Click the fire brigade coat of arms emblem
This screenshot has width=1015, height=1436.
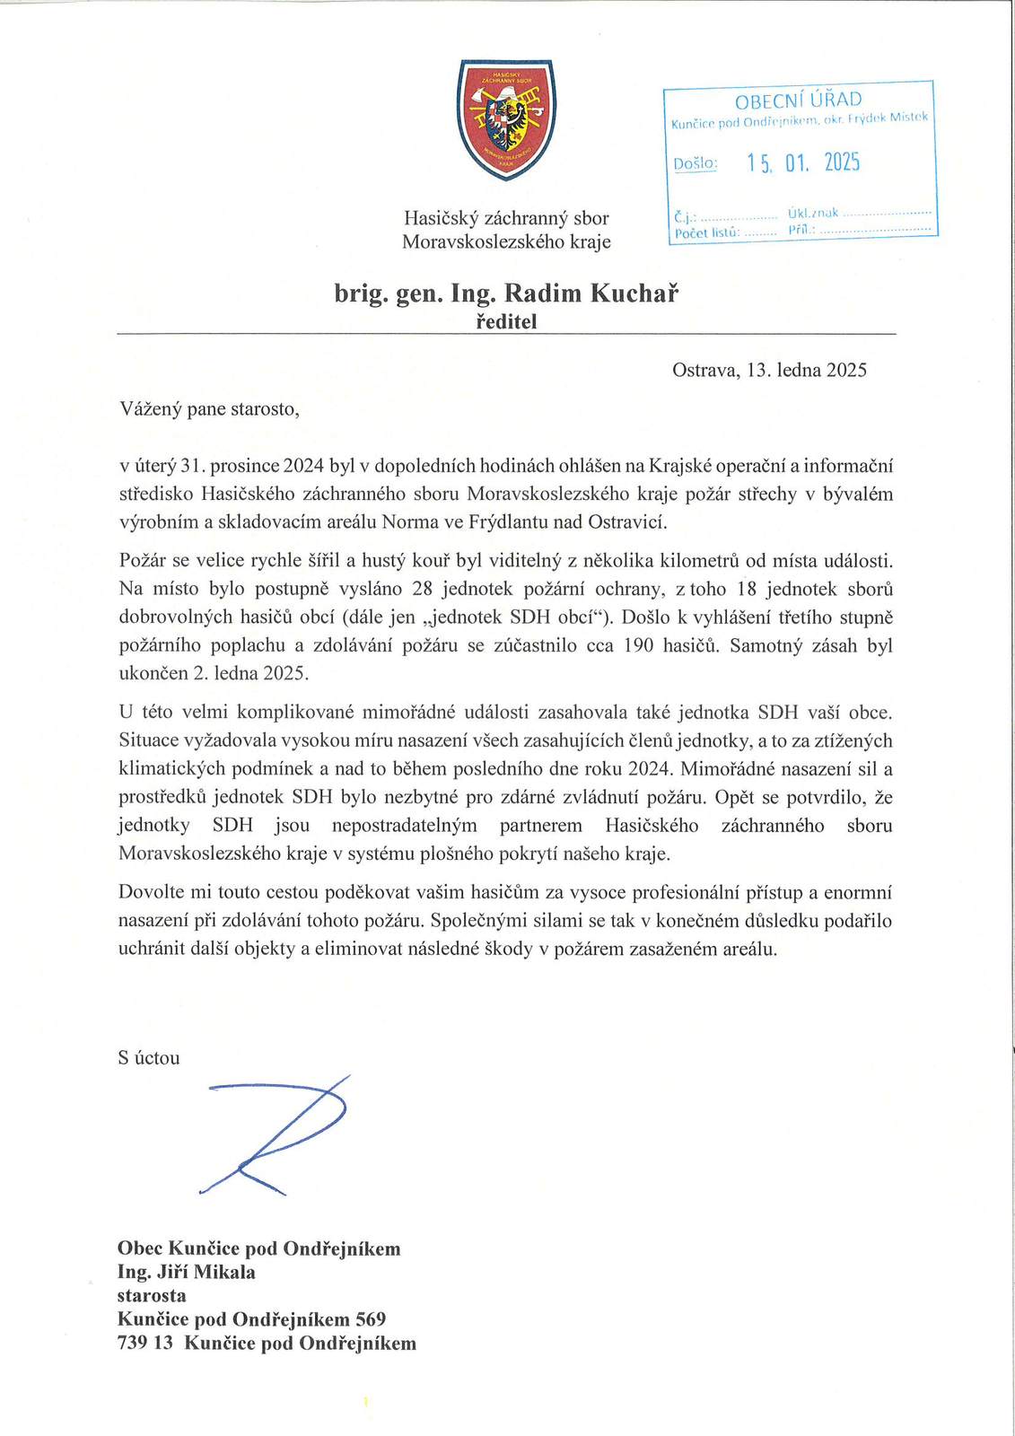pyautogui.click(x=506, y=119)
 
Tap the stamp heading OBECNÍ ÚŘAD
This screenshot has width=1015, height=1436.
pyautogui.click(x=798, y=100)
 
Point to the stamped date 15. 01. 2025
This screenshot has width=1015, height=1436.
pyautogui.click(x=803, y=162)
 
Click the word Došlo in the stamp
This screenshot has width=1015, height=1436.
pyautogui.click(x=695, y=163)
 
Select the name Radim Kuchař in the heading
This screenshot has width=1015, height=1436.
pyautogui.click(x=591, y=293)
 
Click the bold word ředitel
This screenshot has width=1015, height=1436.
pyautogui.click(x=506, y=321)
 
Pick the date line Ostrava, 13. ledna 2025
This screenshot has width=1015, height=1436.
pyautogui.click(x=769, y=370)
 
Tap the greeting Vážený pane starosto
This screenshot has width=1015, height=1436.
pyautogui.click(x=209, y=409)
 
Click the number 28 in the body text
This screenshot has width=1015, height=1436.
pyautogui.click(x=422, y=590)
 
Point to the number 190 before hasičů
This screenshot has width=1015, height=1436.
pyautogui.click(x=638, y=645)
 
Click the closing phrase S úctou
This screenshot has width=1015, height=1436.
pyautogui.click(x=149, y=1058)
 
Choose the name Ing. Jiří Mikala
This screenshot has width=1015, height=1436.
pyautogui.click(x=187, y=1272)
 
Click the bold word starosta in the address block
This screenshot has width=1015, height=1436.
pyautogui.click(x=152, y=1295)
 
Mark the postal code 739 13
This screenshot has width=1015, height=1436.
pyautogui.click(x=144, y=1343)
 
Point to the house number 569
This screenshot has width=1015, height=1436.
pyautogui.click(x=371, y=1319)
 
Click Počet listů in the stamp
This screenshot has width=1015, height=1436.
pyautogui.click(x=706, y=233)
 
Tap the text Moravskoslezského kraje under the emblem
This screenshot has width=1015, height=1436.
pyautogui.click(x=506, y=241)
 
